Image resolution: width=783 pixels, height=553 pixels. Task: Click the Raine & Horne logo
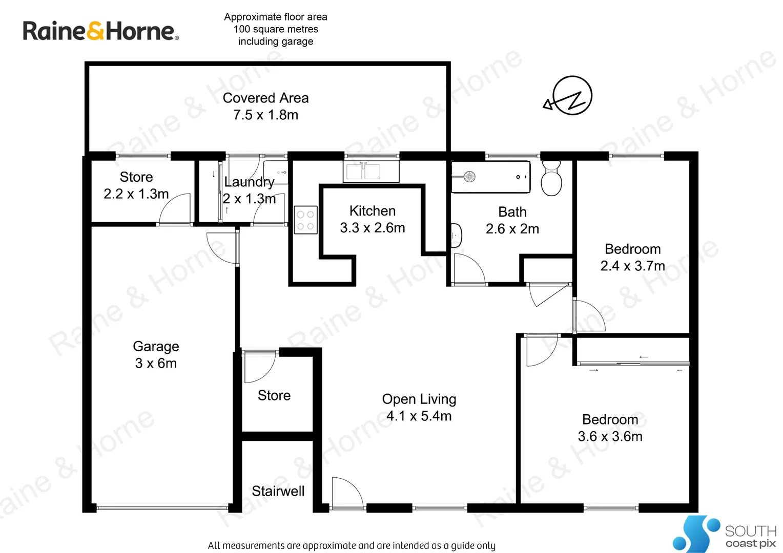click(100, 31)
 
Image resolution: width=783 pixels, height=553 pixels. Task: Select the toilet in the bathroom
click(551, 178)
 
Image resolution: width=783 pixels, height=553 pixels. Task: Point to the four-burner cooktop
click(305, 220)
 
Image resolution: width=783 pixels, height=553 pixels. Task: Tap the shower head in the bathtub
click(469, 177)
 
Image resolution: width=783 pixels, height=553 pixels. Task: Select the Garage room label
click(156, 347)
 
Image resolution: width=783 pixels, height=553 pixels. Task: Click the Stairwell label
click(278, 491)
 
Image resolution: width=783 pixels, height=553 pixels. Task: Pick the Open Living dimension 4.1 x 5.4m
click(419, 416)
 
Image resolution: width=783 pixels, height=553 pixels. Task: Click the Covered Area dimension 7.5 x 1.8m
click(265, 115)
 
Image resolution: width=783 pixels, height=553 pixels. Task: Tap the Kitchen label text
click(372, 211)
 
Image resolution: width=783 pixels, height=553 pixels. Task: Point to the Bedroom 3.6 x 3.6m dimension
click(610, 437)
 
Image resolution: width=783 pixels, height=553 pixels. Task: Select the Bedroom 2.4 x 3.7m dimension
click(632, 266)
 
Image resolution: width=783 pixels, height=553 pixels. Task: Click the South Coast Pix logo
click(724, 534)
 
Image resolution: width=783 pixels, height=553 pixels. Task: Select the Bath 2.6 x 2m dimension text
click(512, 229)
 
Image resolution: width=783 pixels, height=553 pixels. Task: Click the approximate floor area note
click(276, 29)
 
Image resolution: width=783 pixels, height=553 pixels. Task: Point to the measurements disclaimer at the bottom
click(352, 545)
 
